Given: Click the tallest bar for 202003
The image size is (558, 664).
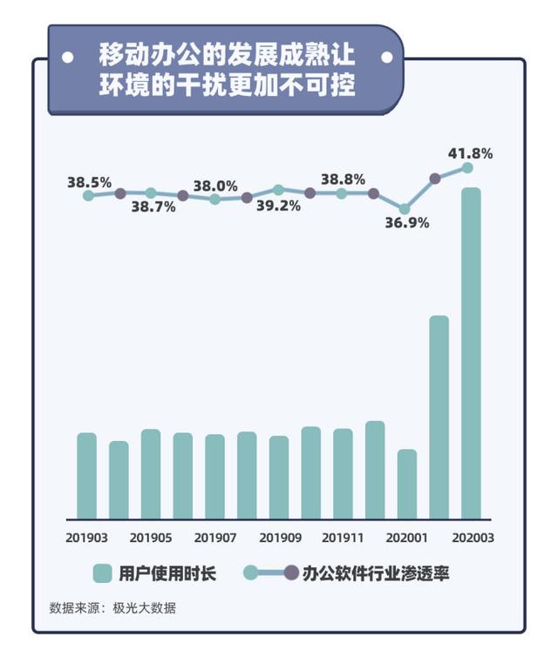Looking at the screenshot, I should (x=471, y=353).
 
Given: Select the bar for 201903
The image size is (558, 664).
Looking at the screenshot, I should (x=86, y=476).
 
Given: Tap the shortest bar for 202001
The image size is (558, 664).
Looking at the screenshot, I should (x=407, y=484).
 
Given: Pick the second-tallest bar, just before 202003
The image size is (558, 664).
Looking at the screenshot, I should (x=439, y=417).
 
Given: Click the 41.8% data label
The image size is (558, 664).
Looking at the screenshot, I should (x=471, y=153).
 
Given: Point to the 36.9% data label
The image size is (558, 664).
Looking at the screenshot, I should (x=407, y=223).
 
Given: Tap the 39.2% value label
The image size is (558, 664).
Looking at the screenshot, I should (x=279, y=206).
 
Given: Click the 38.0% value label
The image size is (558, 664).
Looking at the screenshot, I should (x=215, y=186).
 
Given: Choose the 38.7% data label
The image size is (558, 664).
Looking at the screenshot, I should (x=153, y=207).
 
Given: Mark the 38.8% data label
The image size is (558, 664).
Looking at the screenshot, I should (x=343, y=179).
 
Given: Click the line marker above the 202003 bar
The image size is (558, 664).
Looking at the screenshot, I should (x=467, y=167).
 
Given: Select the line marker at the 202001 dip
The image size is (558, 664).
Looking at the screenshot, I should (x=404, y=209).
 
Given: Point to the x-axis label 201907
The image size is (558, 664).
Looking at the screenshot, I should (x=215, y=538).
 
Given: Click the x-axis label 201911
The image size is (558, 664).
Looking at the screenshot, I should (x=343, y=538).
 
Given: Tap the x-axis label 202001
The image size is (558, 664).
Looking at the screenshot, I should (x=407, y=538).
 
